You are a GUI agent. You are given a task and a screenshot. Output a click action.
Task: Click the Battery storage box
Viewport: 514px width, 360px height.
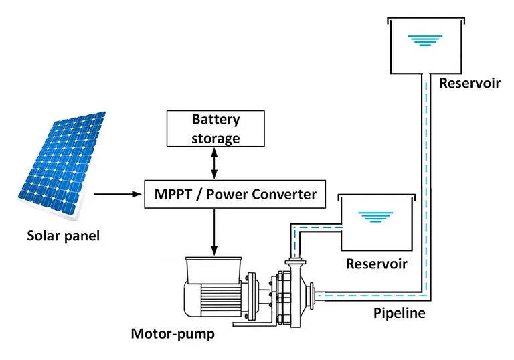216,129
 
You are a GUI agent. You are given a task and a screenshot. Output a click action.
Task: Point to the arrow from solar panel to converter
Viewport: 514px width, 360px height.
118,195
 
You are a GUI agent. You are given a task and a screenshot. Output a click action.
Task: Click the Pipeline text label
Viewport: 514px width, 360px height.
398,312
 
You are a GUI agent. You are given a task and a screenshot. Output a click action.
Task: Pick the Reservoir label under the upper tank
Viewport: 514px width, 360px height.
470,84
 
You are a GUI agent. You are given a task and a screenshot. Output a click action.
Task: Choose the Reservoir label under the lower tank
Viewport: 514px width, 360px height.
376,263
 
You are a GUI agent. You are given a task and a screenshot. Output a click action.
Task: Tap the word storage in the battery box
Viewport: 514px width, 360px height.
216,138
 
